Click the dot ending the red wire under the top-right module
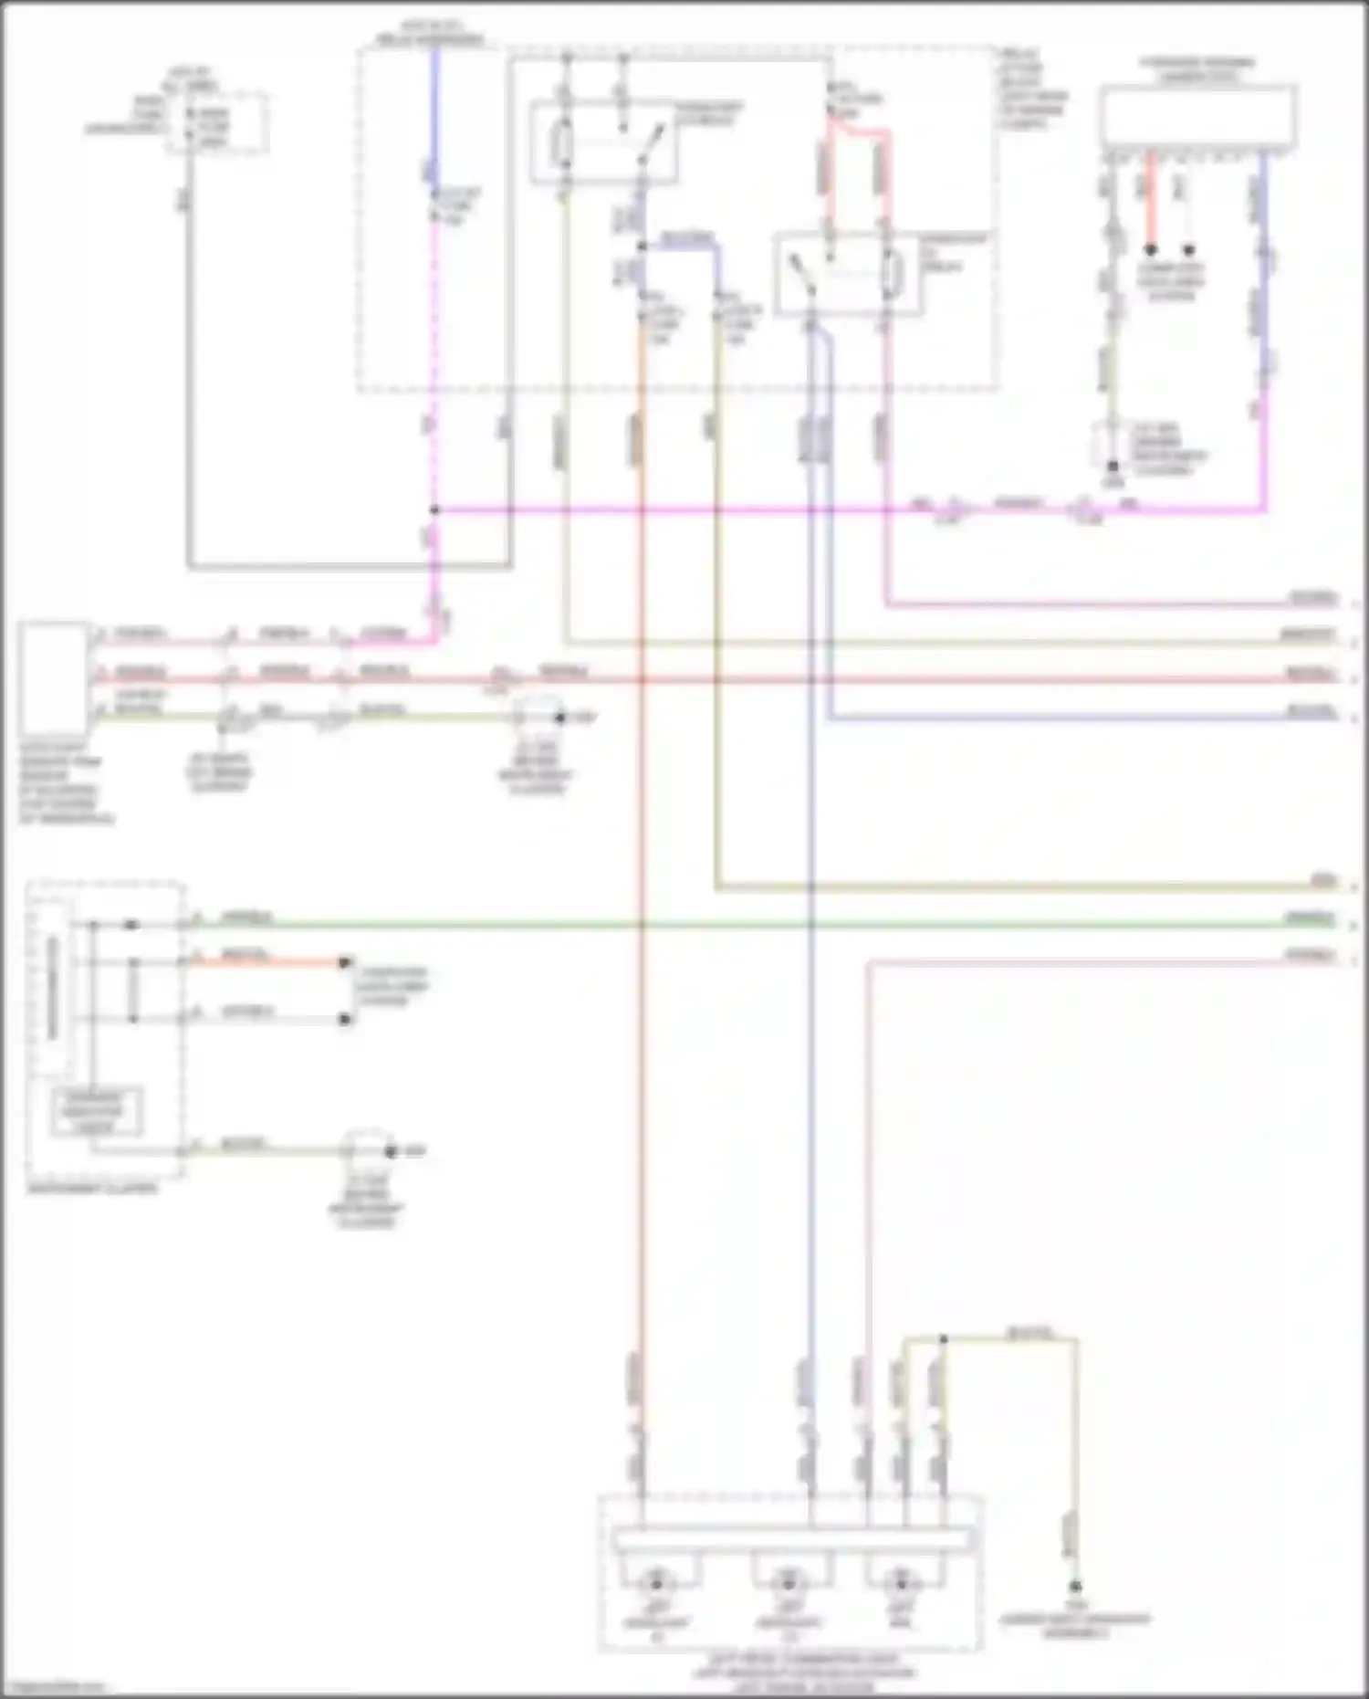1151,249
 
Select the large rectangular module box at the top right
1198,117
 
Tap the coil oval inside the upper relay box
562,143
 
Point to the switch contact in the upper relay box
650,144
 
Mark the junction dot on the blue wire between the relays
642,246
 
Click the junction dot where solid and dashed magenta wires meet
434,510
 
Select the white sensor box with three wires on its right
54,678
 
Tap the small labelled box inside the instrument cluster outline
96,1111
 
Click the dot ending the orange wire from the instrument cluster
345,962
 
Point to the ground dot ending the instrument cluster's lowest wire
391,1151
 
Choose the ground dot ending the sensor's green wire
560,718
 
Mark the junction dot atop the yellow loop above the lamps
944,1340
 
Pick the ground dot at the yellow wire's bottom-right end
1075,1586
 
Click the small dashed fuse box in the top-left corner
215,122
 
